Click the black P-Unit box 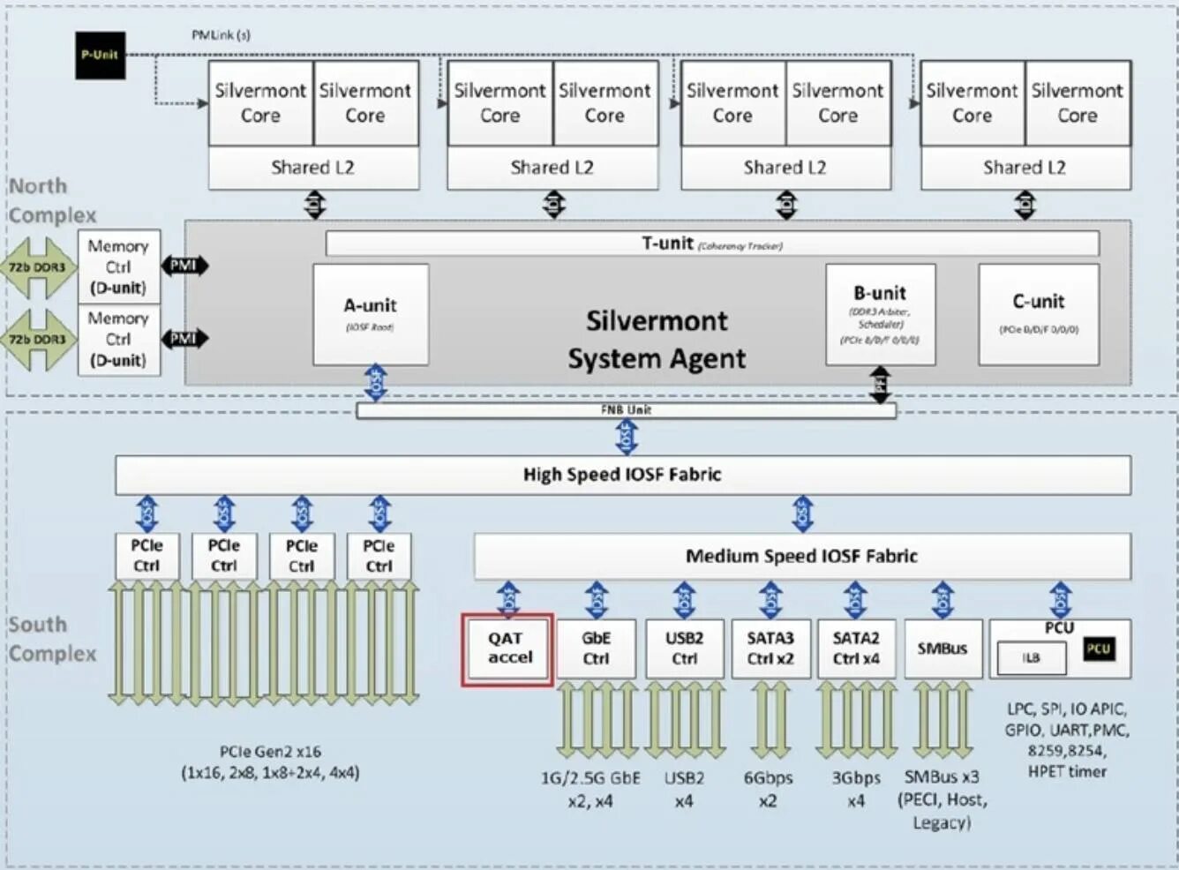pyautogui.click(x=100, y=56)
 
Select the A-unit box pyautogui.click(x=371, y=313)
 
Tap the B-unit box pyautogui.click(x=880, y=313)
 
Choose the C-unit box pyautogui.click(x=1039, y=313)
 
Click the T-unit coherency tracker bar pyautogui.click(x=711, y=244)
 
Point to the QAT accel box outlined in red pyautogui.click(x=508, y=649)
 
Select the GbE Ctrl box pyautogui.click(x=596, y=649)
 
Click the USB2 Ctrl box pyautogui.click(x=684, y=649)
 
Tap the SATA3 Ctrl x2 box pyautogui.click(x=770, y=649)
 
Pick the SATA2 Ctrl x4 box pyautogui.click(x=855, y=649)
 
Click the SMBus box pyautogui.click(x=942, y=649)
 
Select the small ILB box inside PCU pyautogui.click(x=1031, y=658)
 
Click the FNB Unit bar pyautogui.click(x=626, y=410)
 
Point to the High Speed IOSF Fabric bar pyautogui.click(x=622, y=475)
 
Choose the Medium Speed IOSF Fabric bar pyautogui.click(x=801, y=556)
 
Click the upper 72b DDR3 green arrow pyautogui.click(x=37, y=266)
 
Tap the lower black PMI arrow pyautogui.click(x=184, y=338)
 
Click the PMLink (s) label pyautogui.click(x=221, y=35)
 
